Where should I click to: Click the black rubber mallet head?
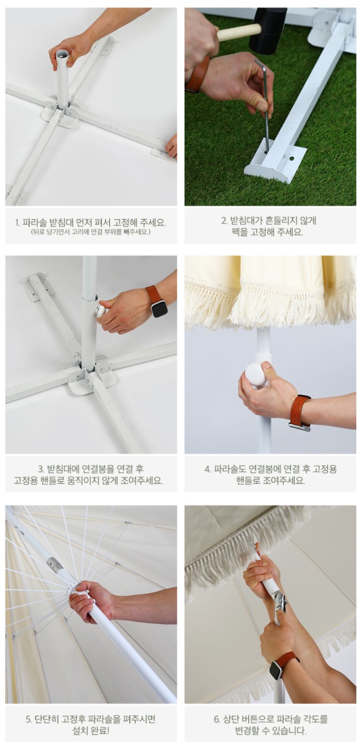(x=269, y=31)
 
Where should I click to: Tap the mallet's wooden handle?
(x=239, y=32)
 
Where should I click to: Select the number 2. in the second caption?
(x=225, y=220)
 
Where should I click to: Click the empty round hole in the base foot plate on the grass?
(x=292, y=157)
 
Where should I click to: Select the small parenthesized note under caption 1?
(x=90, y=231)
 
